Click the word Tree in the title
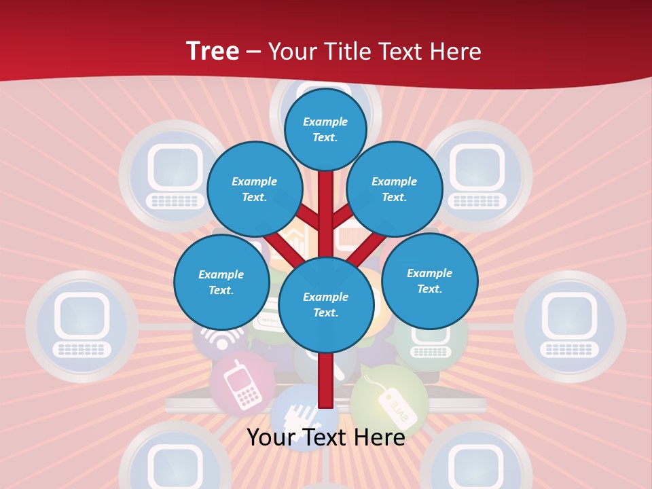(213, 51)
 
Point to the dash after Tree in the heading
(254, 52)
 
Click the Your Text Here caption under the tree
(325, 437)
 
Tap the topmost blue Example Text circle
(325, 129)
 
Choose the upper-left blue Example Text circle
(255, 189)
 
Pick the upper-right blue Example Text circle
(395, 189)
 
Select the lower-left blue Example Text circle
(221, 282)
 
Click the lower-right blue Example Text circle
(429, 280)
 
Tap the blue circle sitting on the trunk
(325, 304)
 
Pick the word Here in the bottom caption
(378, 437)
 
